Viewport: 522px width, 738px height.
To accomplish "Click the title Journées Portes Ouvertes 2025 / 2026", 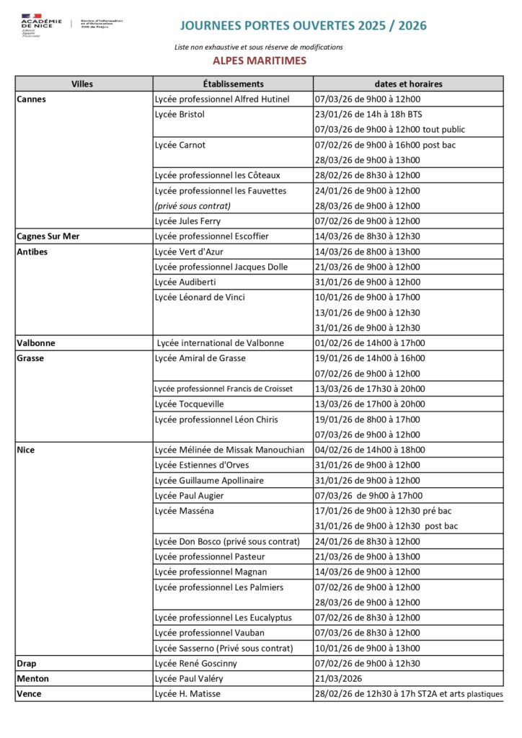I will click(x=303, y=26).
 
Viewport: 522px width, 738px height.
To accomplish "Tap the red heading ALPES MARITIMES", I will click(x=260, y=61).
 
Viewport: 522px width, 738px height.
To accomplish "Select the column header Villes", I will click(x=82, y=84).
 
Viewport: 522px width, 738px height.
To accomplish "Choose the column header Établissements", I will click(x=233, y=84).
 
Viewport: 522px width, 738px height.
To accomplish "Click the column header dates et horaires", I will click(x=408, y=84).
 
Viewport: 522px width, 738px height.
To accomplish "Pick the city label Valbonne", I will click(x=36, y=343).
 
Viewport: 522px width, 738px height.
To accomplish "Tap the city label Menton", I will click(x=33, y=679).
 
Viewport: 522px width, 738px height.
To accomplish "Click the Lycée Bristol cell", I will click(x=180, y=115).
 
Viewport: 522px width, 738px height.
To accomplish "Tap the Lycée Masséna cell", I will click(x=185, y=511).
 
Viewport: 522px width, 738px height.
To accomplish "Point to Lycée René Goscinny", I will click(x=196, y=664).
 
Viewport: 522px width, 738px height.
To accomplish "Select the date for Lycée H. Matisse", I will click(x=408, y=694).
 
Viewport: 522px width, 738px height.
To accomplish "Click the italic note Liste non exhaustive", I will click(x=258, y=47).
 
